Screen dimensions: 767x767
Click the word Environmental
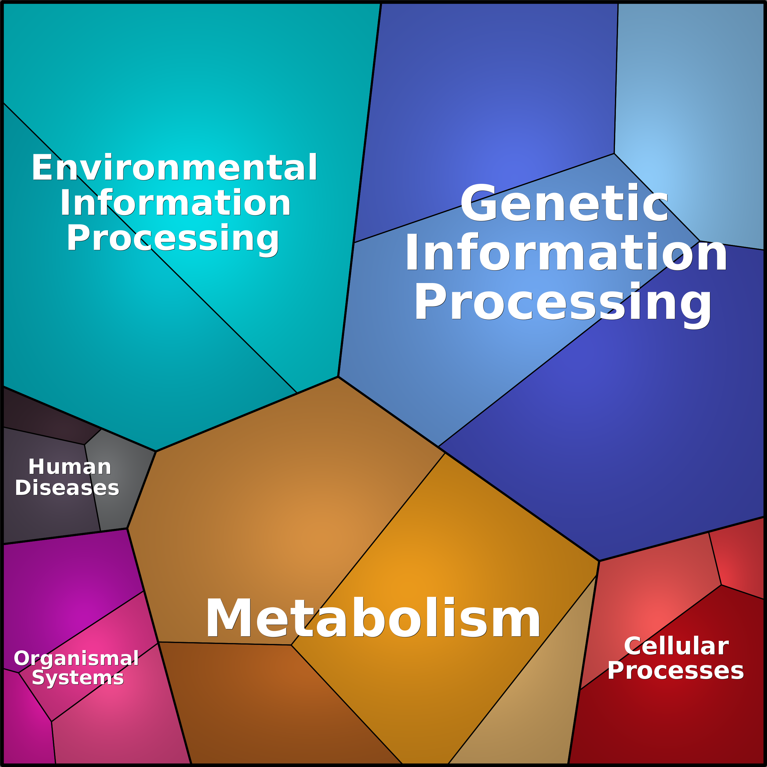tap(175, 168)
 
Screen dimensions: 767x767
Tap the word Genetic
tap(564, 204)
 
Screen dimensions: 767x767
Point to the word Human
tap(70, 467)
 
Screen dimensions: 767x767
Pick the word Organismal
tap(76, 659)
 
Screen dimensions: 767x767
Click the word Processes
tap(676, 671)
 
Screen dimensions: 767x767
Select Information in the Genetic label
tap(566, 253)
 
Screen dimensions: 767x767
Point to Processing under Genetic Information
tap(563, 304)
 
